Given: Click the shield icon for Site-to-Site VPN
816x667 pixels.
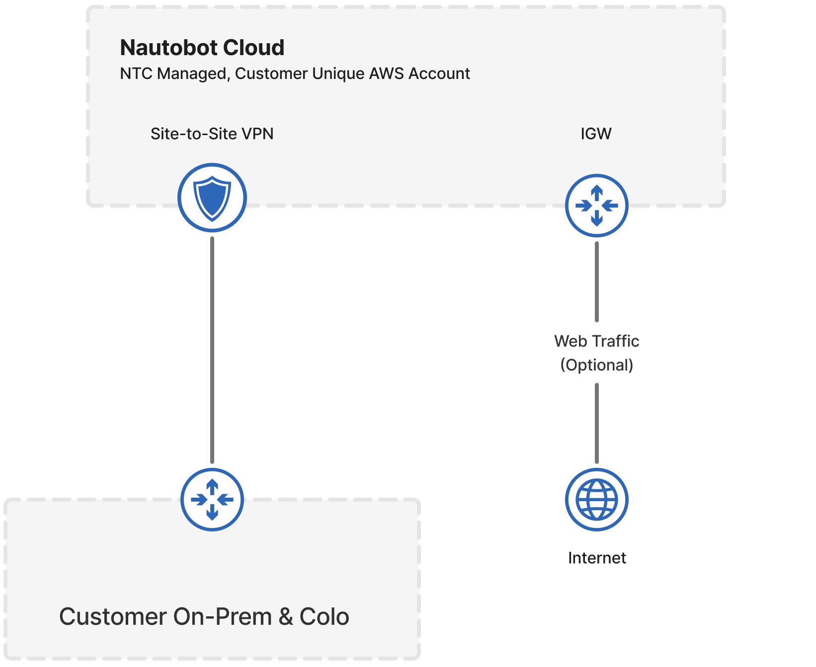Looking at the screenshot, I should point(212,198).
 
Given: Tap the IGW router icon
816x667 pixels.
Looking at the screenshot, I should point(596,205).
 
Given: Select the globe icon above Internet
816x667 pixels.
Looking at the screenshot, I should point(596,500).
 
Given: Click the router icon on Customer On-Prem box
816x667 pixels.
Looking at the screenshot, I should point(212,500).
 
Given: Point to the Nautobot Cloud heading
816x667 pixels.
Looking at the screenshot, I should point(202,48).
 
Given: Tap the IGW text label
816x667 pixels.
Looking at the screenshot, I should point(596,134).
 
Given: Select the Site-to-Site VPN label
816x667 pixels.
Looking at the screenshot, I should point(212,134).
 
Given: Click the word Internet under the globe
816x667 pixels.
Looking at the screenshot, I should point(596,558).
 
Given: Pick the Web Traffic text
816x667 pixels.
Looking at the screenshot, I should point(596,341).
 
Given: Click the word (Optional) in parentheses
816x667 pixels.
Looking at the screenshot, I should point(596,365).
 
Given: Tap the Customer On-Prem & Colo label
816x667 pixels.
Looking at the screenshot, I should point(204,617).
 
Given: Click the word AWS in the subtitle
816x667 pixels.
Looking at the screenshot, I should point(386,74).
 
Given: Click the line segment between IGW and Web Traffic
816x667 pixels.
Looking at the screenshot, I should point(596,282).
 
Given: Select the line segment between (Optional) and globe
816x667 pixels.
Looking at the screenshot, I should point(596,423).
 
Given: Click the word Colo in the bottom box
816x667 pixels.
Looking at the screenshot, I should point(324,617).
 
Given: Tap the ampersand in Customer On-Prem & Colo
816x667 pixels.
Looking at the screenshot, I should point(285,617).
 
